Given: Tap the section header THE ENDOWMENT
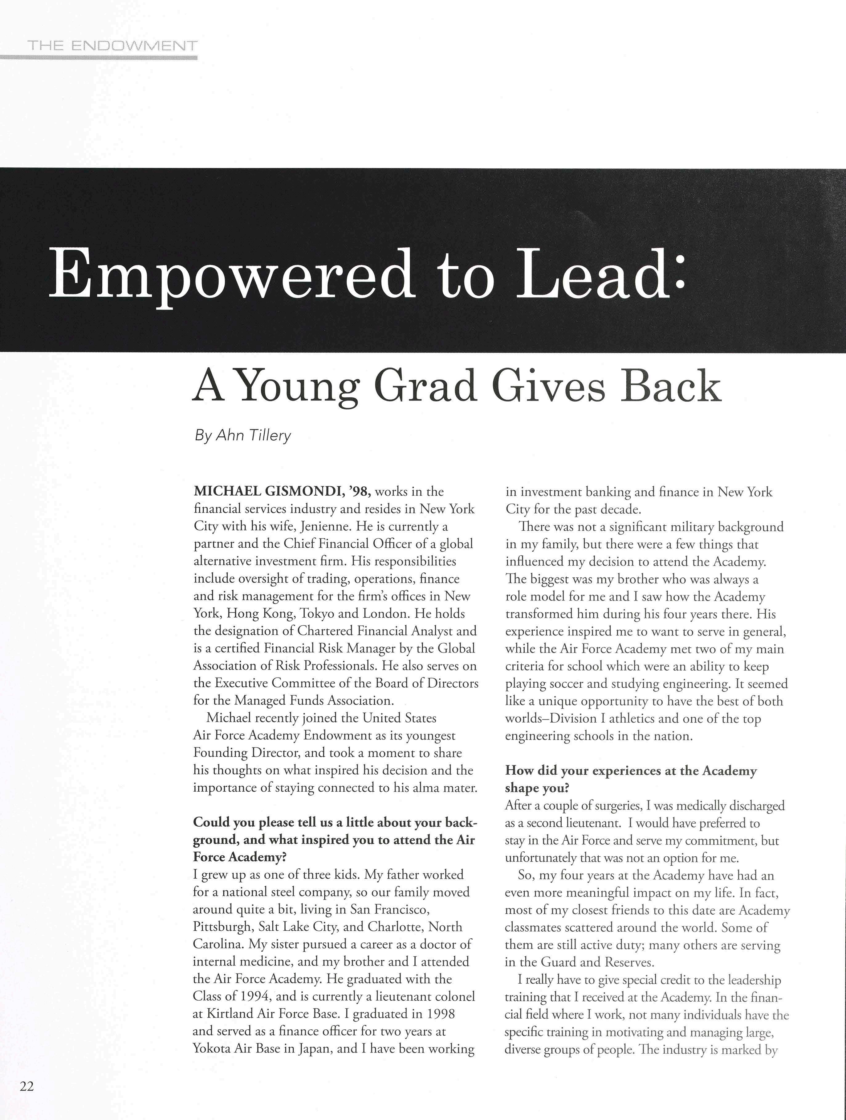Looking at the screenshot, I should click(113, 46).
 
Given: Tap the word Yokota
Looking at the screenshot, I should click(211, 1048).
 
